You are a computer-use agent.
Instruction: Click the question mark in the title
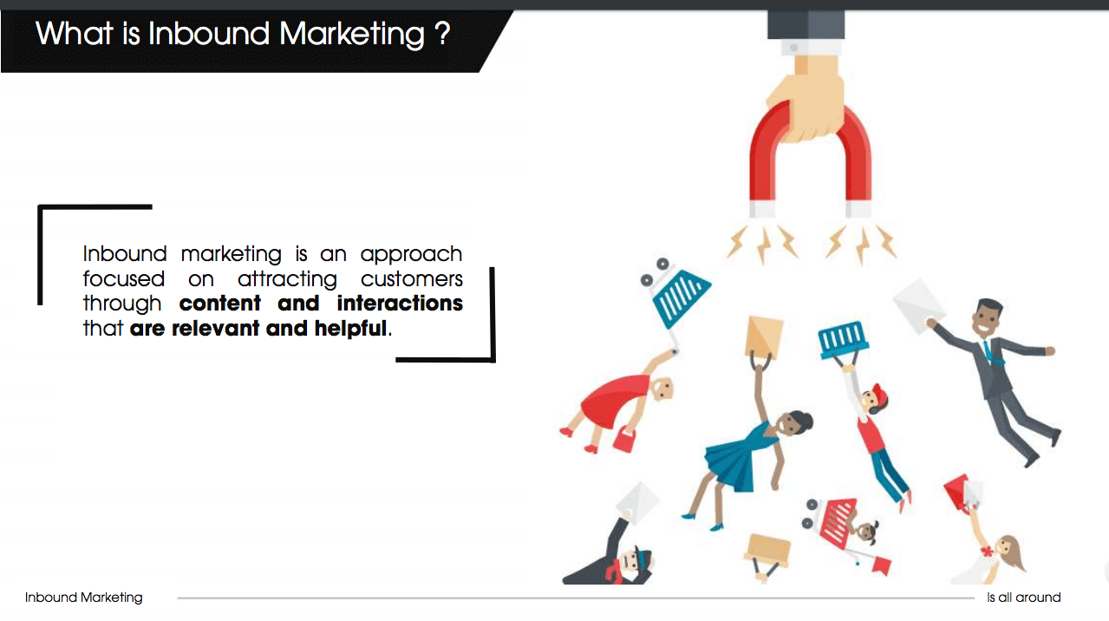click(x=442, y=33)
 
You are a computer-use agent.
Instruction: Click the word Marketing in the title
click(x=351, y=35)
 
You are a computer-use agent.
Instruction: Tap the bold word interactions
click(x=400, y=303)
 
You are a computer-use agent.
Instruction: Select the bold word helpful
click(x=350, y=329)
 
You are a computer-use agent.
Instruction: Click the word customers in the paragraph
click(x=411, y=279)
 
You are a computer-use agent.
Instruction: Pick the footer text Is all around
click(x=1023, y=598)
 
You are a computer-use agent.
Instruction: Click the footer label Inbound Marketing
click(x=83, y=598)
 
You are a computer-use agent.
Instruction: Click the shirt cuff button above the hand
click(x=793, y=48)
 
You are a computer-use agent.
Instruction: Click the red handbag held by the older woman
click(x=624, y=439)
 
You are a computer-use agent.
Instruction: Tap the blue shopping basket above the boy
click(x=843, y=339)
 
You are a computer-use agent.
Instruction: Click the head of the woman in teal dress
click(x=795, y=424)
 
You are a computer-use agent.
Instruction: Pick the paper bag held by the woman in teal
click(x=764, y=337)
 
